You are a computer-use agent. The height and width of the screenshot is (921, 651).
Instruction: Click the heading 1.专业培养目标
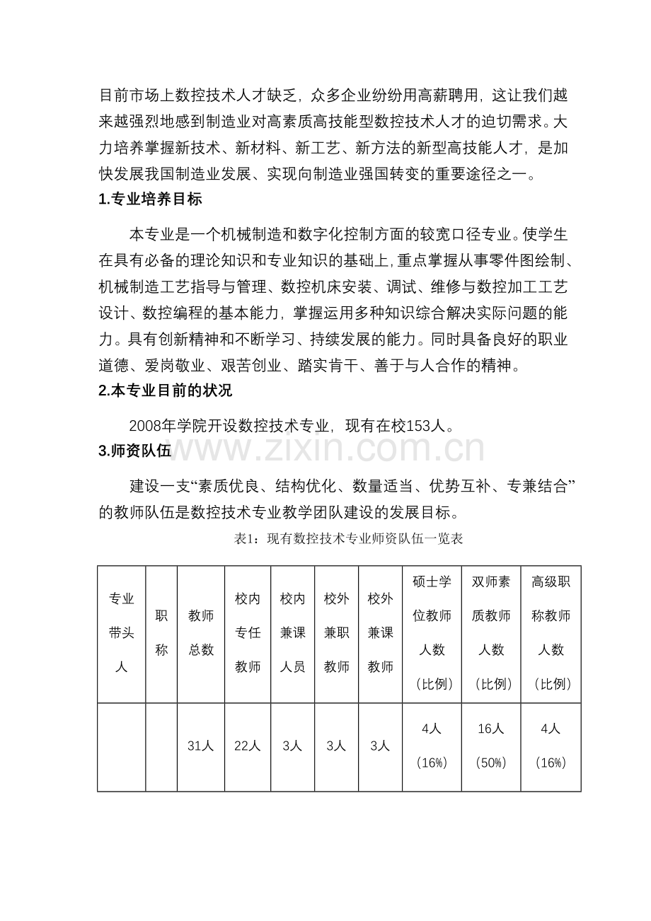(151, 199)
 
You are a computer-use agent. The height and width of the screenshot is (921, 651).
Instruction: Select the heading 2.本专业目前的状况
(166, 390)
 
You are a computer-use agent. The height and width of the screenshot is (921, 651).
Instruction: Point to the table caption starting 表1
(348, 539)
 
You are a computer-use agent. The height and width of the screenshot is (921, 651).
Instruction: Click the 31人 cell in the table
(201, 746)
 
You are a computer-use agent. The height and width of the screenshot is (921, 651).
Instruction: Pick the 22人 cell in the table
(248, 746)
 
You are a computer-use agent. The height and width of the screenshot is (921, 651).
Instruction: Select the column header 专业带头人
(121, 633)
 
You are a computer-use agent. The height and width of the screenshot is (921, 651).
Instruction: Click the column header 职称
(161, 633)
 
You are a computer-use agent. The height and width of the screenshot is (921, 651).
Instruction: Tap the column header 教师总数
(201, 633)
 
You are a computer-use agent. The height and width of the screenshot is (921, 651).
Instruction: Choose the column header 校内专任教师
(248, 633)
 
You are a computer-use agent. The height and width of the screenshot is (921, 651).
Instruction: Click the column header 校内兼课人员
(292, 633)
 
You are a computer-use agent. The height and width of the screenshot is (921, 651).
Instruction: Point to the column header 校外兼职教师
(336, 633)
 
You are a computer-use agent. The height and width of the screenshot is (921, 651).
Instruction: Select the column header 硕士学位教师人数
(432, 633)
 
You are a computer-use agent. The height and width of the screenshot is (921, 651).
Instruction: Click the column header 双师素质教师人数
(491, 633)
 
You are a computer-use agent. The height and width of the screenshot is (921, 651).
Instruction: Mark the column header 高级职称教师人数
(551, 633)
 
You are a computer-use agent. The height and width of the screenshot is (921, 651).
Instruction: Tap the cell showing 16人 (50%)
(491, 746)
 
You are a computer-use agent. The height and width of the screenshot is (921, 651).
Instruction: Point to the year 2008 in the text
(146, 426)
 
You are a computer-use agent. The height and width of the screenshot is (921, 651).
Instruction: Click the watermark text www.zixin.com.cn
(325, 450)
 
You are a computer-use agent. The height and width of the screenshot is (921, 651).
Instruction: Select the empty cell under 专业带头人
(121, 746)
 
